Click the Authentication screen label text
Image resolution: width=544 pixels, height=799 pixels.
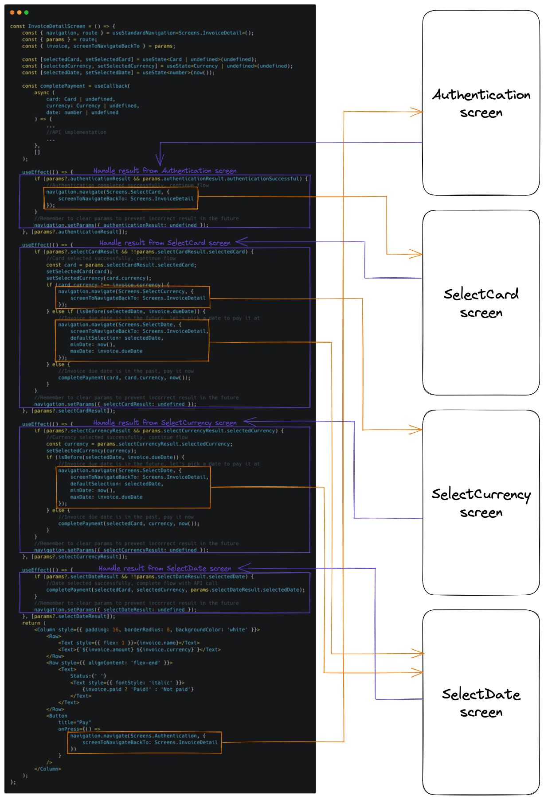481,103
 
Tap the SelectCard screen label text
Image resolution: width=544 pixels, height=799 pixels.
481,303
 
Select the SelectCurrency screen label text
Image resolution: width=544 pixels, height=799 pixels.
481,503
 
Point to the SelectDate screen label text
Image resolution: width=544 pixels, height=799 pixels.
481,703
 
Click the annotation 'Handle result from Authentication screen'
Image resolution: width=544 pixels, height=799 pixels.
164,171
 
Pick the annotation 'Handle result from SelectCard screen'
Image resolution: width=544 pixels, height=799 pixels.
165,243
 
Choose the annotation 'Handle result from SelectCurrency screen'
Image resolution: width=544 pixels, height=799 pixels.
164,423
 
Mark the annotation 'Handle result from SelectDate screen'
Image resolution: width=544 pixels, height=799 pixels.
165,568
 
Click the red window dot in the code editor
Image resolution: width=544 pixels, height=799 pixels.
12,12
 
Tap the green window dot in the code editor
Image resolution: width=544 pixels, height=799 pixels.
27,12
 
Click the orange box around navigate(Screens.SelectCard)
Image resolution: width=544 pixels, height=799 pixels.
121,198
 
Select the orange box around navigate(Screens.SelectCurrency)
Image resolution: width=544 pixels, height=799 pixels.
133,297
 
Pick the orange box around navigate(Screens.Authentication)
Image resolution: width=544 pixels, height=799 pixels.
145,742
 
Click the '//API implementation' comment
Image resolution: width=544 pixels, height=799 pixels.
76,132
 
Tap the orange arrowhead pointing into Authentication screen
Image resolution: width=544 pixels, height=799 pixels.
417,112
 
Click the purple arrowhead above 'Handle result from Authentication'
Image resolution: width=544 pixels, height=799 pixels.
160,160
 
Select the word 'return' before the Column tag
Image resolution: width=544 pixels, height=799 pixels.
31,623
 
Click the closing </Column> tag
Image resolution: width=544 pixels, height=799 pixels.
48,769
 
